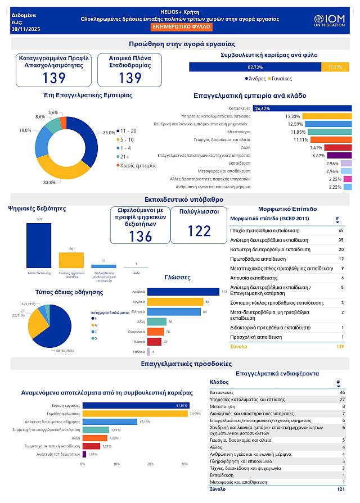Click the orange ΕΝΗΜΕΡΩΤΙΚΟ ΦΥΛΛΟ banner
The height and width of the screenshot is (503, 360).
[x=180, y=27]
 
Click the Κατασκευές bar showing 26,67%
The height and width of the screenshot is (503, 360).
[x=303, y=108]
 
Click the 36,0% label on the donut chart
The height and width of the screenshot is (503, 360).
[x=109, y=133]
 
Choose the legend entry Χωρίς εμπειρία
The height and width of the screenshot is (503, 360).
[x=138, y=165]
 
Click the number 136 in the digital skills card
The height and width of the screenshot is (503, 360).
[x=141, y=237]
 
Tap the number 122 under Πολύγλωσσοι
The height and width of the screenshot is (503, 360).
[x=199, y=231]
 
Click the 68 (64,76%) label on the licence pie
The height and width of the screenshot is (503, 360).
[x=64, y=351]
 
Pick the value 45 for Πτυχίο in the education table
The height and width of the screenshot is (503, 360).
[x=341, y=230]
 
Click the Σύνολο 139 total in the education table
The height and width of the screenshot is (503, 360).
[x=340, y=347]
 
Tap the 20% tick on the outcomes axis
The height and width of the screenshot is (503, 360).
[x=150, y=464]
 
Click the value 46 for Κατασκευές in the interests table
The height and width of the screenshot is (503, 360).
[x=343, y=391]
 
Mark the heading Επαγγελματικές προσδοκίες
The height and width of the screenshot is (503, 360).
[x=180, y=364]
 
